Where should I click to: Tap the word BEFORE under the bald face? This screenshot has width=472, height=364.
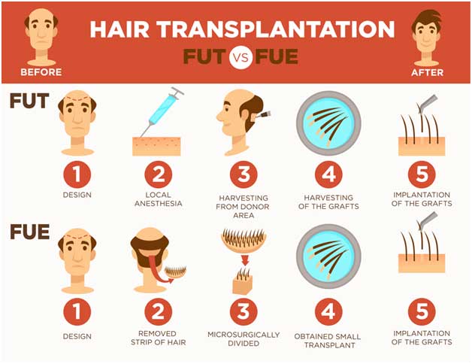pyautogui.click(x=40, y=73)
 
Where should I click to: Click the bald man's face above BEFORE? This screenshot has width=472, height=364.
pyautogui.click(x=41, y=33)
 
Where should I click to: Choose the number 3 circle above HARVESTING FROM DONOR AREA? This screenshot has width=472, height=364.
pyautogui.click(x=243, y=176)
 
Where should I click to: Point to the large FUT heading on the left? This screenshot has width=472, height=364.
pyautogui.click(x=29, y=101)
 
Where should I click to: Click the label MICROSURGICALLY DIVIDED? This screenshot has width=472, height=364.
pyautogui.click(x=243, y=338)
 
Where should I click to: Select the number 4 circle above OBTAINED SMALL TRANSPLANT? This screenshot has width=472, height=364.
pyautogui.click(x=329, y=311)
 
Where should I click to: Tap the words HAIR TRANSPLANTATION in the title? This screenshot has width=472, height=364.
pyautogui.click(x=241, y=29)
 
